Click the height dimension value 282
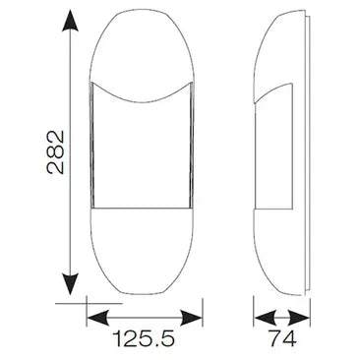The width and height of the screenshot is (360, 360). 55,152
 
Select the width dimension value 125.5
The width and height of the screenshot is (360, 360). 144,338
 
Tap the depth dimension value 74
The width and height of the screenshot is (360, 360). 282,338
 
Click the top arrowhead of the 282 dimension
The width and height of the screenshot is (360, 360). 70,21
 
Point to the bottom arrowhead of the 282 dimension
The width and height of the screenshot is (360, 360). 70,284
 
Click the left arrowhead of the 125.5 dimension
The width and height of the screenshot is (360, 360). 97,318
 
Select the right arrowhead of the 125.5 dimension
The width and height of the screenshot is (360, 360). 192,318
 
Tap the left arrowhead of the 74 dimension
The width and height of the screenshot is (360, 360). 265,318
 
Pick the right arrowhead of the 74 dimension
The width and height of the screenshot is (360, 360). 299,318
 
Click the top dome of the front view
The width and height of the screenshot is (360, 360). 142,49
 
